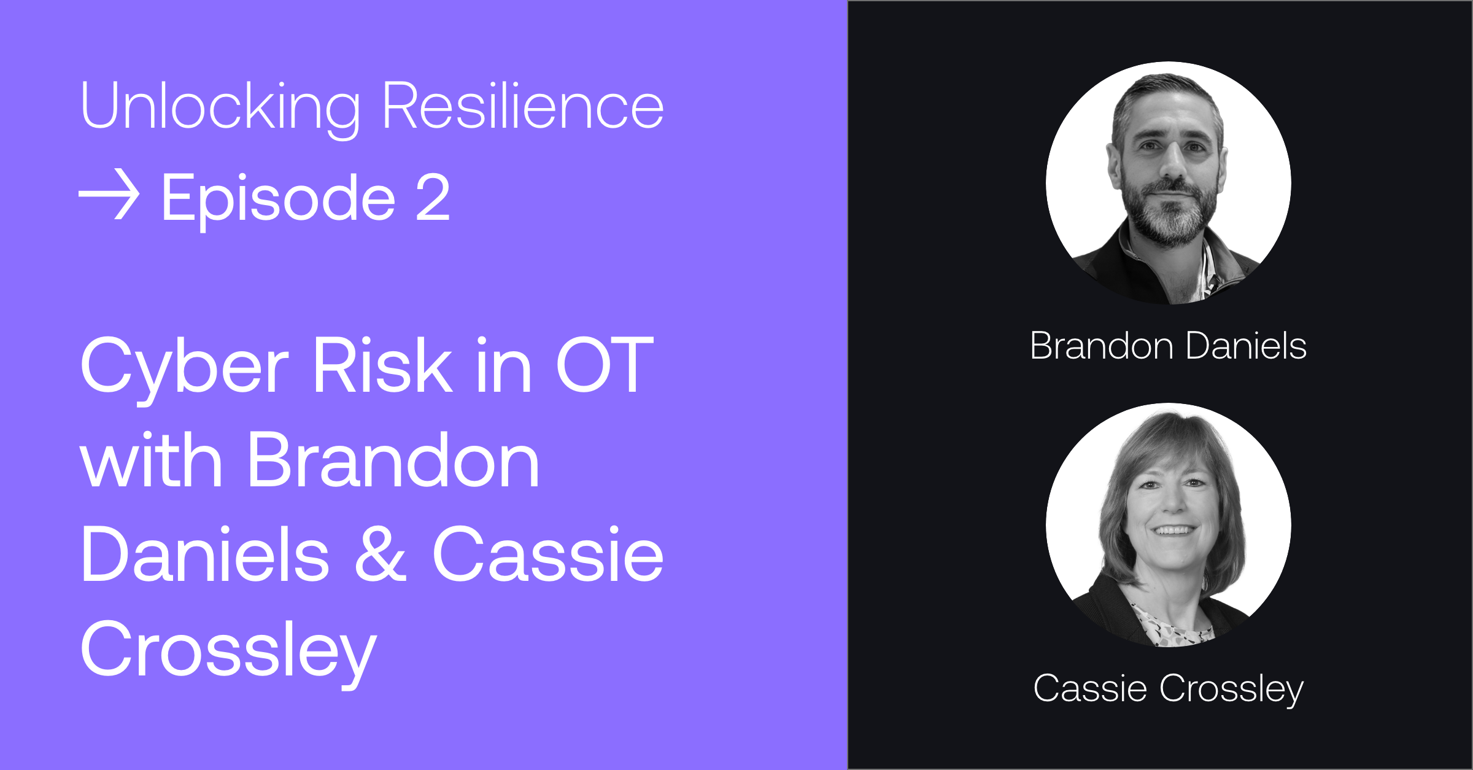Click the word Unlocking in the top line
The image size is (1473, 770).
click(220, 107)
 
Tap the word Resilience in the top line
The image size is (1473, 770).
click(523, 106)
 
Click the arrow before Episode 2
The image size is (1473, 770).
click(109, 196)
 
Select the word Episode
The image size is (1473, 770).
click(278, 199)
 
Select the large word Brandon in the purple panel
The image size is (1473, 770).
click(393, 461)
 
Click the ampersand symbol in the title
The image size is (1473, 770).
click(381, 554)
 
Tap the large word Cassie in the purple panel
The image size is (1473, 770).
click(548, 554)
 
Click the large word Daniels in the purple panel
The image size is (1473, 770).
click(205, 554)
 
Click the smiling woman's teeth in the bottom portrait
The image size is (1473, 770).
click(1173, 530)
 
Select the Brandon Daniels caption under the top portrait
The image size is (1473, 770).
click(1168, 346)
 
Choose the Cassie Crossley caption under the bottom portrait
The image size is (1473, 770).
click(1168, 688)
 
